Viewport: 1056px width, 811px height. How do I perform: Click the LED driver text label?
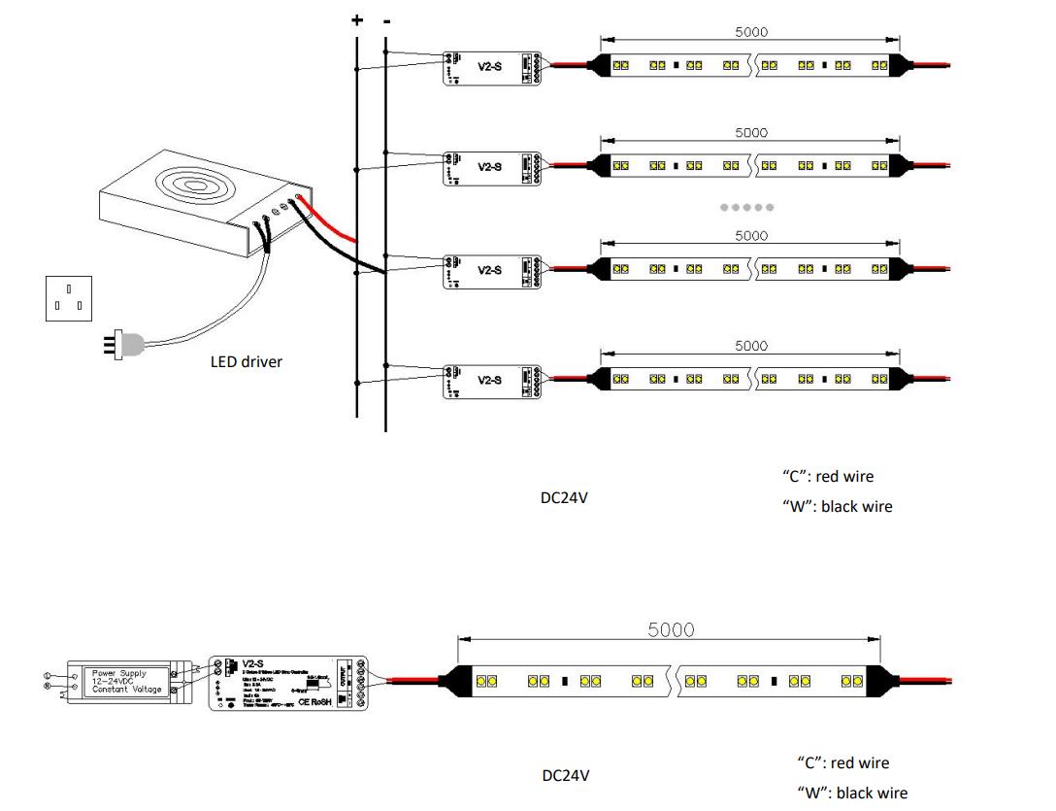(247, 361)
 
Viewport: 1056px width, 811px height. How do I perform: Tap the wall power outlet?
(68, 297)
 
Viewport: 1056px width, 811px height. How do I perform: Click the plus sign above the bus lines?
(357, 19)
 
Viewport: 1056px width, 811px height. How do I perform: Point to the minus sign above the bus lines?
(386, 19)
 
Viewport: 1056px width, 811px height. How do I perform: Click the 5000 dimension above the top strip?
(750, 31)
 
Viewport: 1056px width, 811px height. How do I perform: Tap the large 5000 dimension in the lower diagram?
(671, 629)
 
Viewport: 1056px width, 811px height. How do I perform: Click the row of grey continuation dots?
(746, 207)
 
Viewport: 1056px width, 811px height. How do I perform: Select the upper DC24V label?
(564, 497)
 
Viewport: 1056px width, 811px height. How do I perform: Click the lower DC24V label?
(565, 775)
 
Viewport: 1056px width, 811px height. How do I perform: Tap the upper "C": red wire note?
(828, 476)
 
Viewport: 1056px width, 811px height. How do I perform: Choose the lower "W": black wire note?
(852, 793)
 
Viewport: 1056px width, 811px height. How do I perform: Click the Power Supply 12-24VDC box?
(126, 681)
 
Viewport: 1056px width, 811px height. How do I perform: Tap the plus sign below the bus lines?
(357, 413)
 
